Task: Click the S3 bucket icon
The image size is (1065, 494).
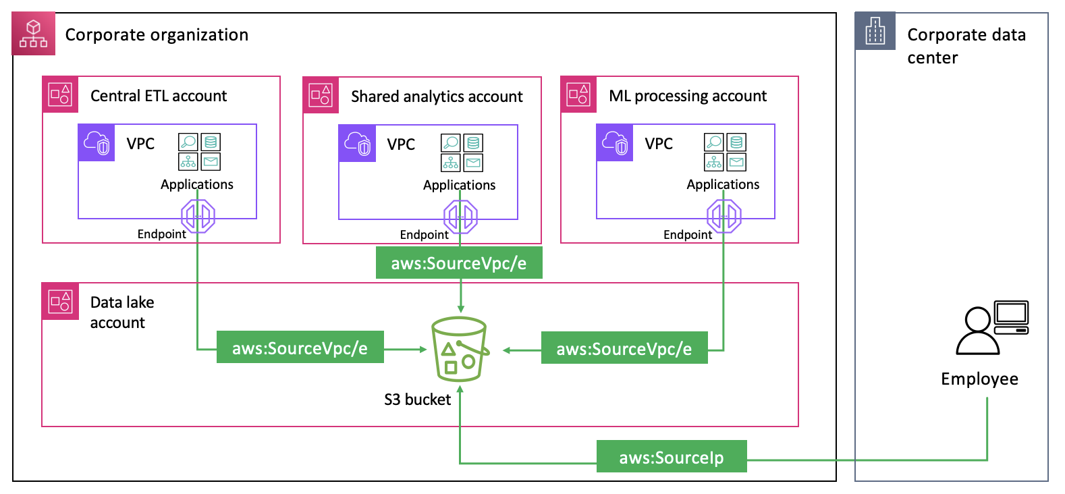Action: click(x=460, y=349)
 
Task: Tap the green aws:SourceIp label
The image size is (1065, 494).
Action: click(x=672, y=457)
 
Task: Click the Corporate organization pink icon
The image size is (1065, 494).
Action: click(x=34, y=34)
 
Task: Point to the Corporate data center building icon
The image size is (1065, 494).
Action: click(x=875, y=31)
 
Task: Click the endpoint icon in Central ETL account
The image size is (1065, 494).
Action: click(x=198, y=217)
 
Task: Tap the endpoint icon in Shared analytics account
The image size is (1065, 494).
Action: click(x=460, y=217)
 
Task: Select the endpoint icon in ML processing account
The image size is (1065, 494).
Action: click(x=723, y=217)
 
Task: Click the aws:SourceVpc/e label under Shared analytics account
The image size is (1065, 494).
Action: click(x=459, y=263)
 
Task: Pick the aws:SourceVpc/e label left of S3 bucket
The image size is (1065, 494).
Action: click(x=300, y=348)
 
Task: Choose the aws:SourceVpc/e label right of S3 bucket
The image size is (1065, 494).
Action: click(x=624, y=348)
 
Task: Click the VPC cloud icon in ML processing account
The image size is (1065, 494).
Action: click(x=615, y=143)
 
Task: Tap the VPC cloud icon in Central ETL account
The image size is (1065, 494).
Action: click(x=97, y=143)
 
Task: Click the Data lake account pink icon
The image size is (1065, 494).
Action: click(x=60, y=301)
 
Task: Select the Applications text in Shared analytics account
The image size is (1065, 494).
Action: click(x=459, y=185)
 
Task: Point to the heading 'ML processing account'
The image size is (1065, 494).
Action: click(x=687, y=96)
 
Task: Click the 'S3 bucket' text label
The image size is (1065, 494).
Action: click(x=417, y=400)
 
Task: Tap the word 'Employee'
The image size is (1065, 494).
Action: click(x=979, y=379)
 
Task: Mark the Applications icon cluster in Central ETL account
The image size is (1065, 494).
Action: click(x=199, y=151)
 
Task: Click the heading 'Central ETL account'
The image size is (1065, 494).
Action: click(x=159, y=96)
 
